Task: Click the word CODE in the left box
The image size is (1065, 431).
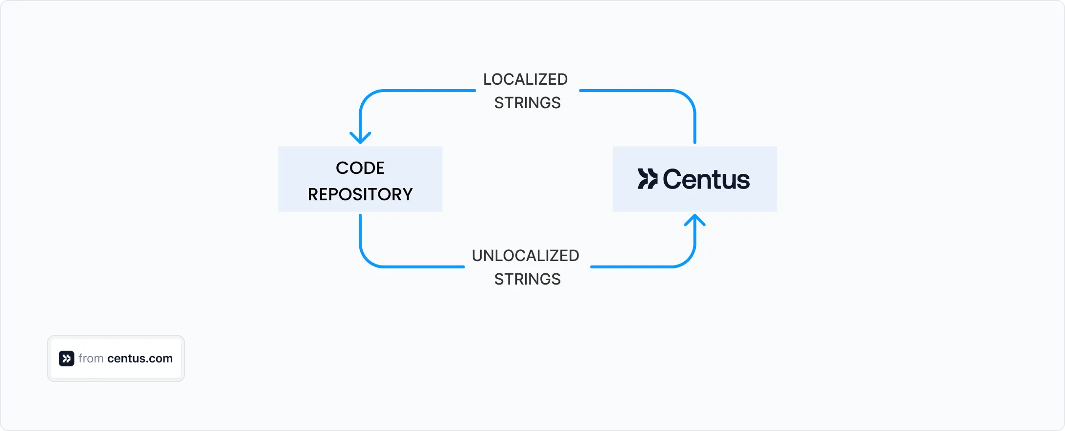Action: [x=360, y=168]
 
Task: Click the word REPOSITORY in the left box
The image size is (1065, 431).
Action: [x=360, y=194]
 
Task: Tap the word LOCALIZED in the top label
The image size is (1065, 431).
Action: [x=525, y=79]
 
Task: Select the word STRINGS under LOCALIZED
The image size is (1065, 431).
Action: [x=527, y=103]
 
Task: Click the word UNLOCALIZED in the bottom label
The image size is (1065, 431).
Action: [x=525, y=256]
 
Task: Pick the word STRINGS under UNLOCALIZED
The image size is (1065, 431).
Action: [x=527, y=279]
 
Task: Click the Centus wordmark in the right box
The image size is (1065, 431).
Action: [x=706, y=179]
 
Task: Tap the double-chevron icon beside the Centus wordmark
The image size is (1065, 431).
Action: [x=648, y=179]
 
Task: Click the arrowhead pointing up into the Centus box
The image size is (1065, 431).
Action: [x=695, y=220]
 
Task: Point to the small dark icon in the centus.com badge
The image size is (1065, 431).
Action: [x=67, y=359]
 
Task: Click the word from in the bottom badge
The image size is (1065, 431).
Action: [x=91, y=359]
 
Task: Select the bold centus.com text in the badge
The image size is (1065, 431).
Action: [x=140, y=359]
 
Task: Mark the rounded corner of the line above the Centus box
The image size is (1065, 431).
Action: [x=687, y=98]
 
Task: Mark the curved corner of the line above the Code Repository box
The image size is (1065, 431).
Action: [x=368, y=98]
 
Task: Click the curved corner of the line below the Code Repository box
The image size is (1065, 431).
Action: [x=368, y=260]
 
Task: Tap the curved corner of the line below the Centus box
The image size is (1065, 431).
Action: [x=687, y=260]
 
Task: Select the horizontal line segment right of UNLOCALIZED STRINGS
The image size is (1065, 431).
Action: [x=631, y=267]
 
